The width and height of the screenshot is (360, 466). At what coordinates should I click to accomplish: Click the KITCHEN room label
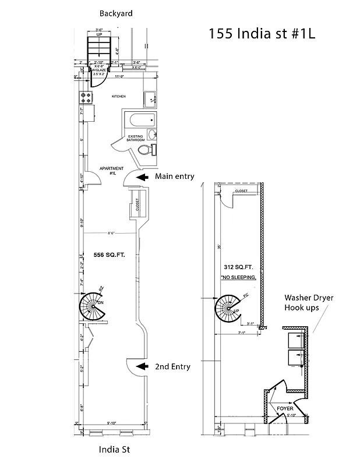(119, 96)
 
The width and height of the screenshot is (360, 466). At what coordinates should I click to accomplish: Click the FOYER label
(285, 408)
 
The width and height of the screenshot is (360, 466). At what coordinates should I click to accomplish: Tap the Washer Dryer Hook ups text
(308, 302)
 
